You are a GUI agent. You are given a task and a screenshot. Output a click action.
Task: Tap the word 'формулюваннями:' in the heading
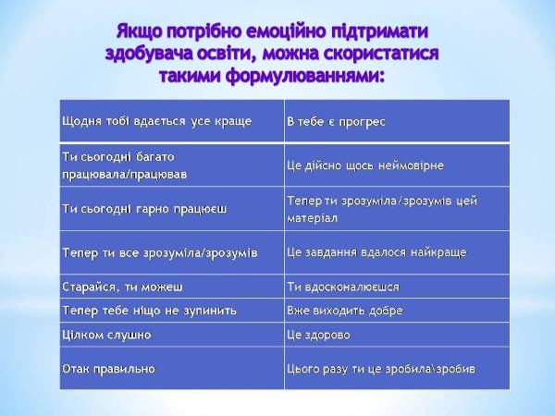pos(304,76)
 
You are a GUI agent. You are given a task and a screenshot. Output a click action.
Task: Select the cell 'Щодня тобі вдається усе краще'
pos(172,121)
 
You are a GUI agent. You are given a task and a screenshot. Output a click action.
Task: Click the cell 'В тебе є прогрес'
pos(397,121)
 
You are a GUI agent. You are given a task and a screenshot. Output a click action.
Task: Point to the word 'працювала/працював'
pos(125,175)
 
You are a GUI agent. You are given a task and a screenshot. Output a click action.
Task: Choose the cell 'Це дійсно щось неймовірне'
pos(397,165)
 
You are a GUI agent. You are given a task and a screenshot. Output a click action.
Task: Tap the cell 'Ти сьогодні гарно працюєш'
pos(172,209)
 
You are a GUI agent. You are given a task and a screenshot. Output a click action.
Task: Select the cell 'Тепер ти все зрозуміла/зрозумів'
pos(172,252)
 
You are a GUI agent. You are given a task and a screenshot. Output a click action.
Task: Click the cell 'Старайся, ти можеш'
pos(172,287)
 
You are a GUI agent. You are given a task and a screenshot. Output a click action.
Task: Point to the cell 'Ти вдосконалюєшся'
pos(397,287)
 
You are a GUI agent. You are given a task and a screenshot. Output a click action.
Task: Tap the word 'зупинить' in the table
pos(210,311)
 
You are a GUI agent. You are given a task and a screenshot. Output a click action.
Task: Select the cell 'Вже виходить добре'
pos(397,311)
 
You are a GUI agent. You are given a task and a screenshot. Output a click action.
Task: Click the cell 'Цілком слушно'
pos(172,335)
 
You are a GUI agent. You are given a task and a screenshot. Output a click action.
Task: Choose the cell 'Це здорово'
pos(397,335)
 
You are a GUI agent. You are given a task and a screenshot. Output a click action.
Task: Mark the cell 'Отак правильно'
pos(172,368)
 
